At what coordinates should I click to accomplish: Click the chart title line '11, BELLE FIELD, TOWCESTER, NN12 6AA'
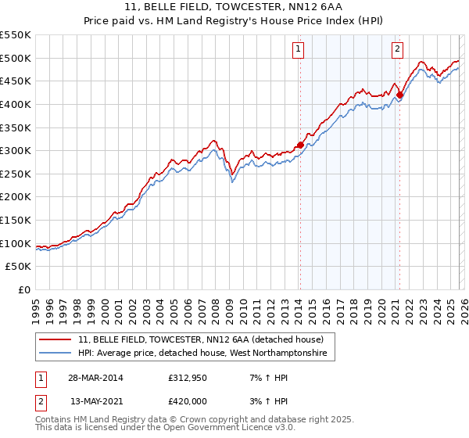point(234,7)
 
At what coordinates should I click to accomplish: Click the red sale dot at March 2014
point(300,145)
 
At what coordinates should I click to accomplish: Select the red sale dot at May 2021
point(399,95)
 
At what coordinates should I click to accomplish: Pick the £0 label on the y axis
point(23,289)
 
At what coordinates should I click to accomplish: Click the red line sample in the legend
point(55,339)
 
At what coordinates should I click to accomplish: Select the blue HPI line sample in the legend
point(55,354)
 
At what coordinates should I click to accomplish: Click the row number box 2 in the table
point(41,401)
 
